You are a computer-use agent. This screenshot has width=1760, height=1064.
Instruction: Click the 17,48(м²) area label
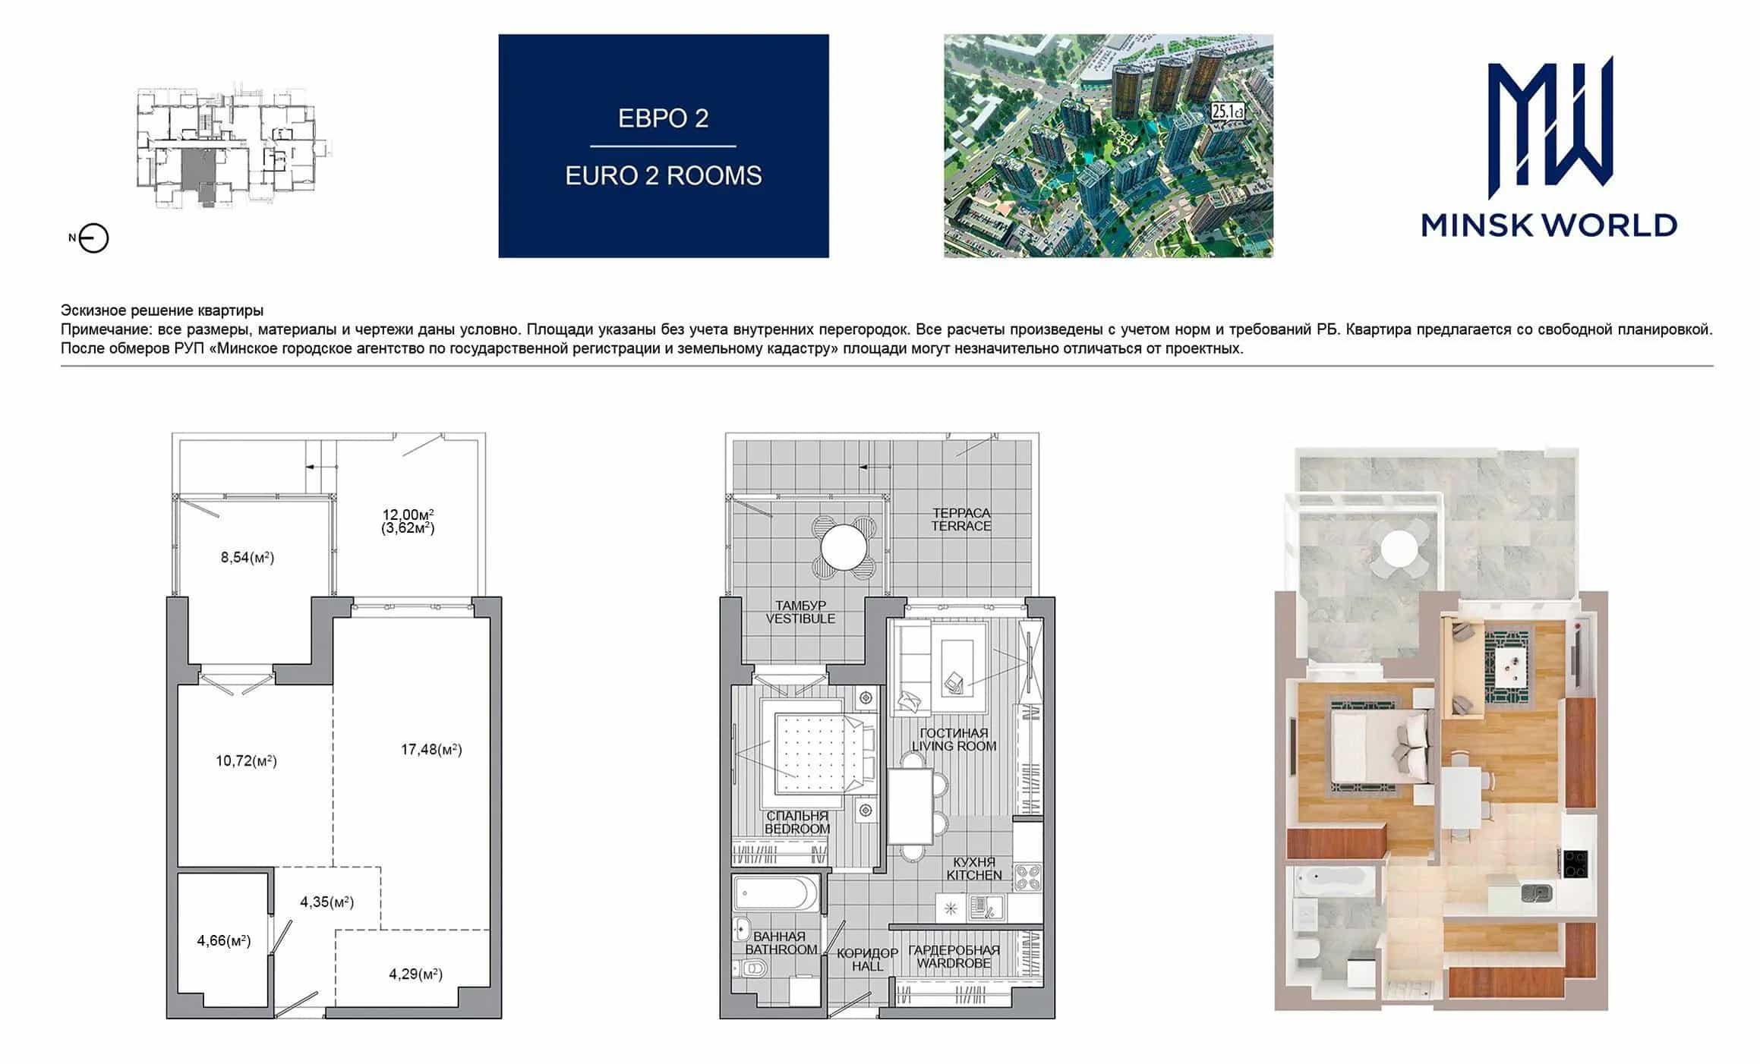431,750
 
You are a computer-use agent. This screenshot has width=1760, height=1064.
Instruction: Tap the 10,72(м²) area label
246,760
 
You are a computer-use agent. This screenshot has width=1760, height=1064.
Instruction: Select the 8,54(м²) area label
248,558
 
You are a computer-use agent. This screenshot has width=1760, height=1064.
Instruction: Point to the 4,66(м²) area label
224,941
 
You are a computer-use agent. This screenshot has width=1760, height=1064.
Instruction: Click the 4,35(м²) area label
327,902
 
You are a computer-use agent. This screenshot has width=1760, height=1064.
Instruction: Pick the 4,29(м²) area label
415,974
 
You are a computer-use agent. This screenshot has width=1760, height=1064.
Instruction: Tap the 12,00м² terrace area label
408,515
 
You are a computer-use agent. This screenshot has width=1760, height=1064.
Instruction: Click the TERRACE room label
961,526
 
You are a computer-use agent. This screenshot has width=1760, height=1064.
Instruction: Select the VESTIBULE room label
800,619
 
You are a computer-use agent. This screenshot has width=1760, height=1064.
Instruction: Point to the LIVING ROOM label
954,746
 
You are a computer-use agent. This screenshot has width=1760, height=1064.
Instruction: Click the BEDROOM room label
797,829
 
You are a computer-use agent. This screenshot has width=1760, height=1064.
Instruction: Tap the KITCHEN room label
974,875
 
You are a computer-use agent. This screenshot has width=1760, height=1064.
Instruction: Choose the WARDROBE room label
954,963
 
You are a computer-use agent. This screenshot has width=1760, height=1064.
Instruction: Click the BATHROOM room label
781,949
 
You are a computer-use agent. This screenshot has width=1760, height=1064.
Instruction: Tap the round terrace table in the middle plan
844,546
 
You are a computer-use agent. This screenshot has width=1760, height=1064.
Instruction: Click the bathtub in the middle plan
777,895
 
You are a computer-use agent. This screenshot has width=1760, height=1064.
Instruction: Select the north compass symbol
93,238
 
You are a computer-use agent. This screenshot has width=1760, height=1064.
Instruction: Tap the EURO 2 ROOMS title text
664,176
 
